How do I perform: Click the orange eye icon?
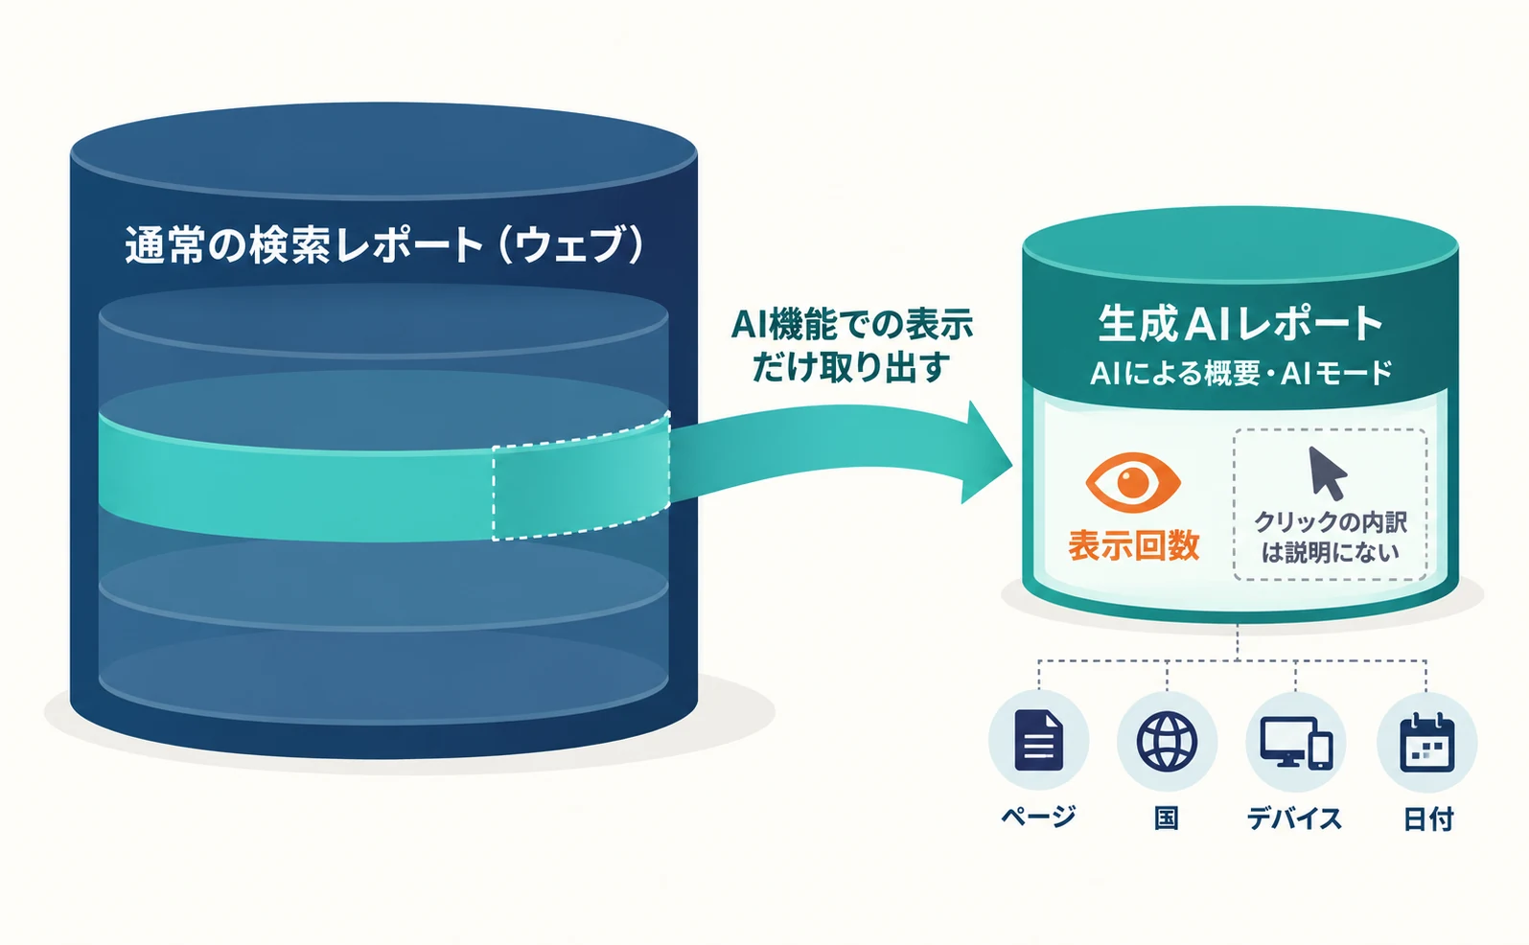tap(1133, 482)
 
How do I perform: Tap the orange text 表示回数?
tap(1134, 546)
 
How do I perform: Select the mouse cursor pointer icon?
tap(1327, 473)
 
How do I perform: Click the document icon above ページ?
tap(1039, 740)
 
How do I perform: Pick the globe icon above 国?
tap(1167, 741)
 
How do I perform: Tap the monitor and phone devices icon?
tap(1295, 743)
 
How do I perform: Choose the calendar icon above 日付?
tap(1426, 743)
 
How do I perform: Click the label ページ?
tap(1039, 817)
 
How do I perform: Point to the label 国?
tap(1167, 818)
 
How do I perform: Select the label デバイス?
tap(1295, 818)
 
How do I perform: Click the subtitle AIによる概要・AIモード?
tap(1241, 373)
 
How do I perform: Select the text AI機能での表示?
tap(852, 325)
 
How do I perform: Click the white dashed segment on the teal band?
tap(581, 476)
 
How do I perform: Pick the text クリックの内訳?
tap(1331, 522)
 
